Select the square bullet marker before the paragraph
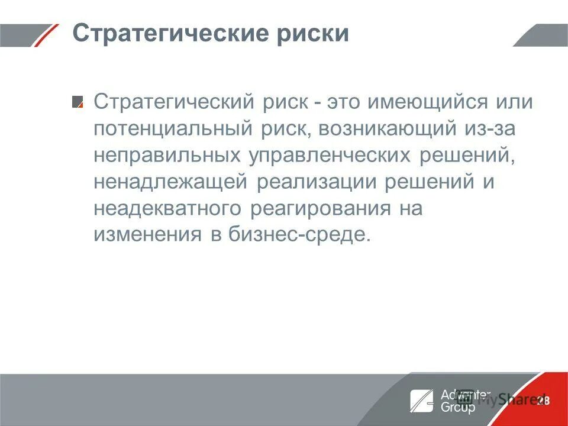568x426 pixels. click(x=78, y=102)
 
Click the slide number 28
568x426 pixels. click(x=543, y=401)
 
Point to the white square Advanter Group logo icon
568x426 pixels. click(x=421, y=400)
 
